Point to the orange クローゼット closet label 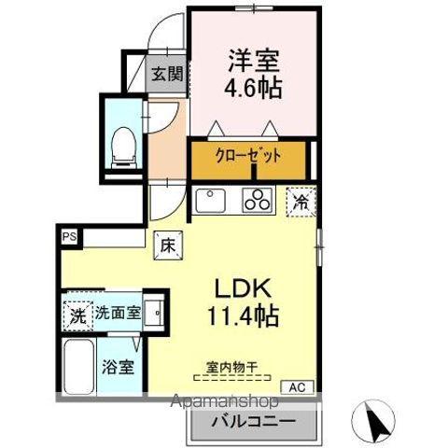(248, 157)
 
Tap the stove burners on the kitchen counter (256, 200)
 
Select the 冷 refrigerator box (301, 200)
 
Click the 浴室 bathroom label (118, 366)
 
